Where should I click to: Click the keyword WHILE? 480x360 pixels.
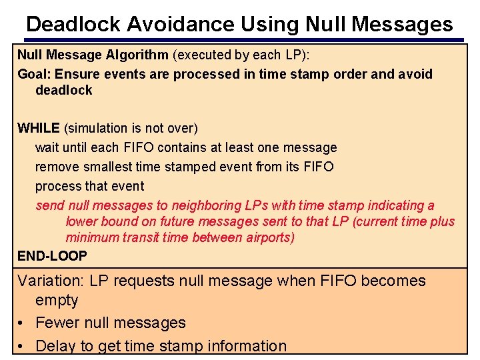(x=39, y=127)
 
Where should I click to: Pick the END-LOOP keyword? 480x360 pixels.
(x=52, y=255)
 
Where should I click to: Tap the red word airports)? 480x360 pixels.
(x=266, y=237)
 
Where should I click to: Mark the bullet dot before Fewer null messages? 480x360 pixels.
(x=22, y=323)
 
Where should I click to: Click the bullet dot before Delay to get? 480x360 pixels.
(x=22, y=346)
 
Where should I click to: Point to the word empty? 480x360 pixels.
(x=57, y=300)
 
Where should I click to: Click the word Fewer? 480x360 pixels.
(x=57, y=323)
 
